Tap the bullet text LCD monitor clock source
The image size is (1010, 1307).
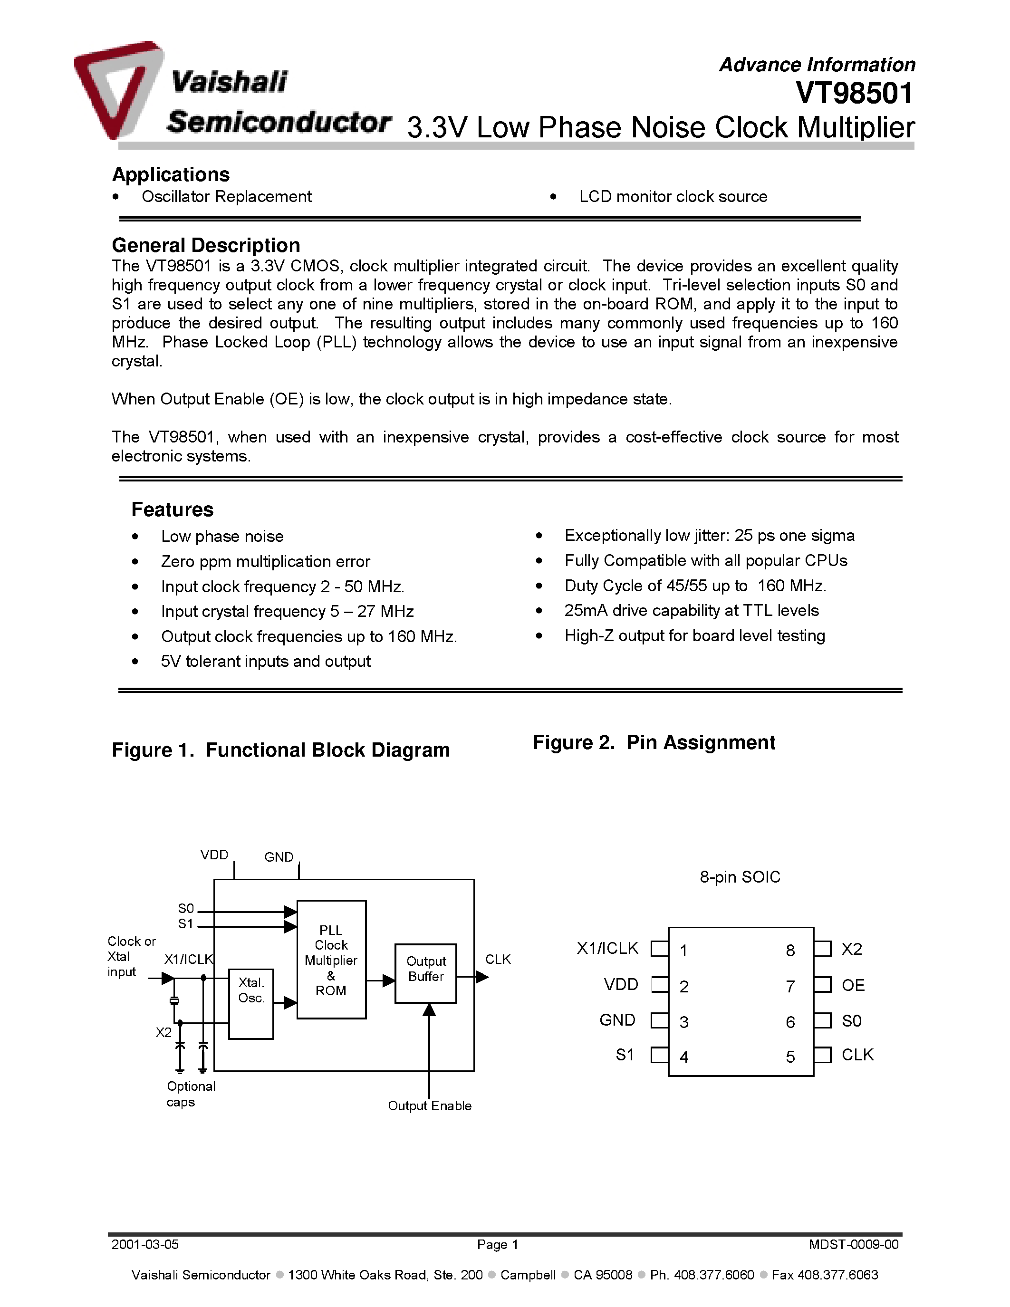673,197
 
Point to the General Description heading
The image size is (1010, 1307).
205,245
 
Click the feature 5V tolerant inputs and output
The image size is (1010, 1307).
265,661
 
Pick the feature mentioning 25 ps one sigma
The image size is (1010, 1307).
709,536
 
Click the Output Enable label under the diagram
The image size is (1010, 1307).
429,1106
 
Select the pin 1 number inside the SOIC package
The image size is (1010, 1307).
683,951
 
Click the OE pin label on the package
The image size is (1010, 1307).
853,986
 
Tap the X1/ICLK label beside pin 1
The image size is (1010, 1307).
607,949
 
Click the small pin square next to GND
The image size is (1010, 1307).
659,1020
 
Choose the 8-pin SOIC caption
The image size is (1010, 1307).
740,877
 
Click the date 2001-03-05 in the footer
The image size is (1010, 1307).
145,1245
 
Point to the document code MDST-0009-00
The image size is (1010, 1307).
853,1245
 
